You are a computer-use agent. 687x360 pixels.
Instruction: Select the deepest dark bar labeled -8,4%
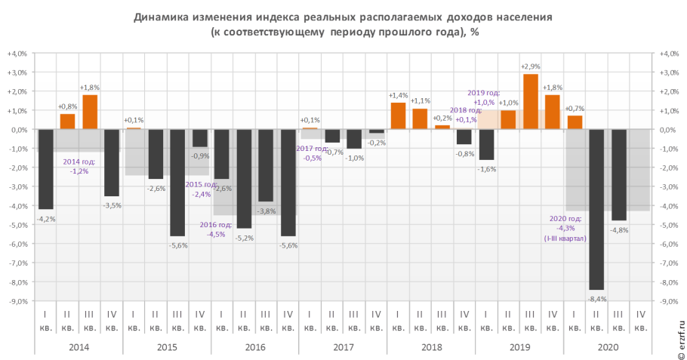(596, 209)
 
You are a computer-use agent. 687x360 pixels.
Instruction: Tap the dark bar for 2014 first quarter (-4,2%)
(46, 169)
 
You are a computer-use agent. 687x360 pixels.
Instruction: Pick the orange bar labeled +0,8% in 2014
(68, 122)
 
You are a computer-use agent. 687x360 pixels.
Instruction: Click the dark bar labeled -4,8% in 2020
(618, 174)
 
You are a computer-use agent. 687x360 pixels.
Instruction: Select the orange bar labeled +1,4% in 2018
(398, 115)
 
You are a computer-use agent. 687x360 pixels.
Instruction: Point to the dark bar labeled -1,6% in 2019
(486, 144)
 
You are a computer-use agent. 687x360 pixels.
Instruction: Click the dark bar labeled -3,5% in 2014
(112, 162)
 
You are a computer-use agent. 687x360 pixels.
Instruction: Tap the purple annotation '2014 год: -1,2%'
(79, 166)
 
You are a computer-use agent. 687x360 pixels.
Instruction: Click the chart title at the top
(343, 24)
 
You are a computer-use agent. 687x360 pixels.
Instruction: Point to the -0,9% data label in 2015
(200, 155)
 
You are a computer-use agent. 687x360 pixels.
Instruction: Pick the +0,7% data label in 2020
(575, 109)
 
